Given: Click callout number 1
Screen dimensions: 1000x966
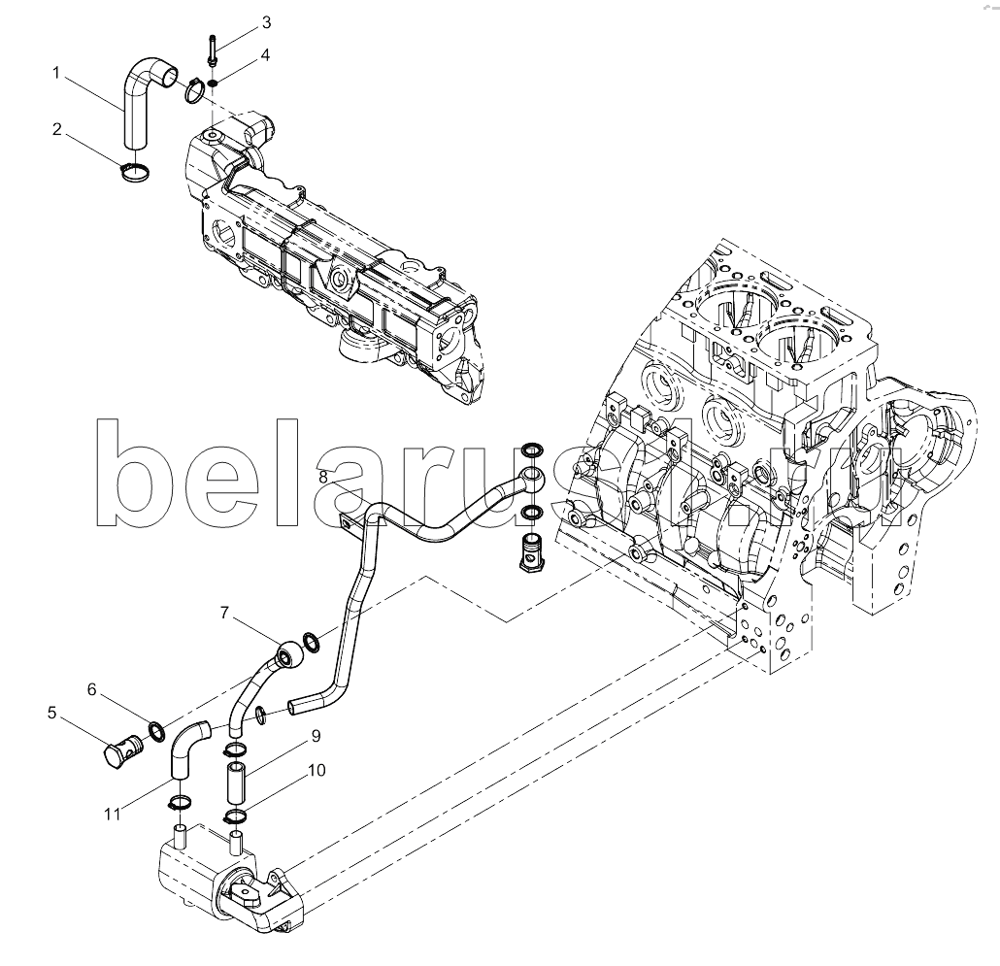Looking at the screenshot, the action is click(56, 74).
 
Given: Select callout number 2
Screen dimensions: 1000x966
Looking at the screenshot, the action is click(57, 130).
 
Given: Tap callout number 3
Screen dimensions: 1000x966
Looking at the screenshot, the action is click(266, 23).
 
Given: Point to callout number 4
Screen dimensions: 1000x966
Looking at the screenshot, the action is click(265, 55).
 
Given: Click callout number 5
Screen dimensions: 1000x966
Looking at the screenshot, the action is click(52, 713).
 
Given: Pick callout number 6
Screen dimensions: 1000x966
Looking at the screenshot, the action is click(92, 689).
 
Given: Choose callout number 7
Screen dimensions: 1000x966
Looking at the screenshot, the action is click(224, 613).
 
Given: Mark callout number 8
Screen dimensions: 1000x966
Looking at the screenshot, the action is click(323, 477).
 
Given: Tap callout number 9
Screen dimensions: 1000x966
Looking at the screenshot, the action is click(316, 736).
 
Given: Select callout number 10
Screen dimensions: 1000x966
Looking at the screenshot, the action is click(317, 770).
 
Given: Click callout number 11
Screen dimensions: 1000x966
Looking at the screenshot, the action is click(113, 815).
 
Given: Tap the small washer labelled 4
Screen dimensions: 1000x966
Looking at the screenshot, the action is click(213, 83).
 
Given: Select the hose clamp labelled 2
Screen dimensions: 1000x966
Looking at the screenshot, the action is click(135, 171).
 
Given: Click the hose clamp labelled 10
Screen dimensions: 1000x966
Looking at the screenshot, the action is click(235, 816).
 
